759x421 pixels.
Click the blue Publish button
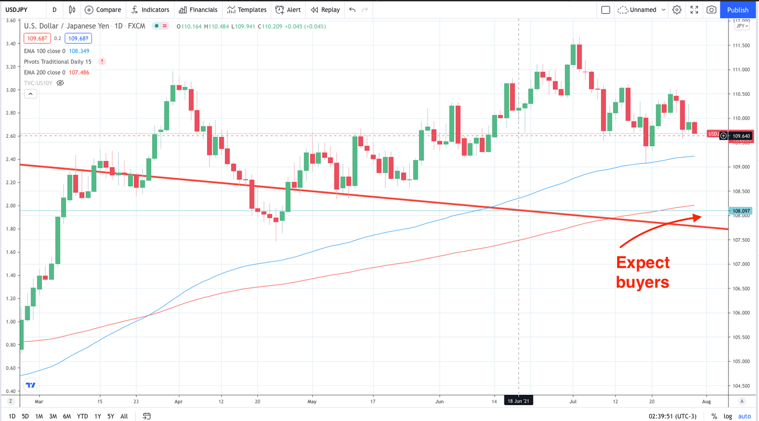[x=737, y=10]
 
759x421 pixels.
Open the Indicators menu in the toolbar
[x=150, y=10]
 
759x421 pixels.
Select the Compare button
[x=103, y=10]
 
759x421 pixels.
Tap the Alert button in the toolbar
[x=288, y=10]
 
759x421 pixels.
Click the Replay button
[x=325, y=10]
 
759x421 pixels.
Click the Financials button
[x=198, y=10]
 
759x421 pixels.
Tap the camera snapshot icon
[x=711, y=10]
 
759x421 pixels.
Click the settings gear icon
[x=677, y=10]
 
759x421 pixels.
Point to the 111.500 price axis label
[x=741, y=45]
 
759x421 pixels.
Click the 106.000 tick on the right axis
[x=741, y=313]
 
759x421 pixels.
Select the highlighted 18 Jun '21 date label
[x=518, y=401]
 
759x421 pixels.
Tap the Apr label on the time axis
[x=178, y=402]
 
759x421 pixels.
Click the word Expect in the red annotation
[x=643, y=262]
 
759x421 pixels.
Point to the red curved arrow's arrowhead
[x=697, y=217]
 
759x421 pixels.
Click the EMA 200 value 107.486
[x=79, y=73]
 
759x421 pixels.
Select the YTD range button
[x=82, y=416]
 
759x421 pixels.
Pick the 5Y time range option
[x=111, y=416]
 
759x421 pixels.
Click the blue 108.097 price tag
[x=741, y=211]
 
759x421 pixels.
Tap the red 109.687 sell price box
[x=37, y=39]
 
